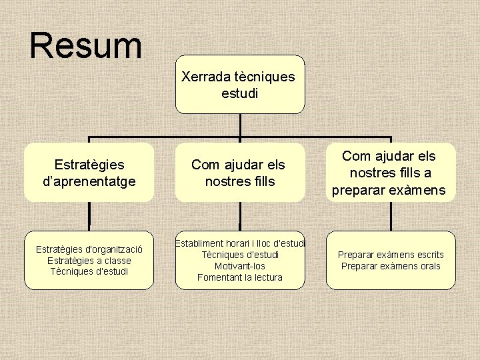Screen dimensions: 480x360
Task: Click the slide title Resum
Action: [86, 45]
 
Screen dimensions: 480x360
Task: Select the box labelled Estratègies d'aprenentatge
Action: [89, 172]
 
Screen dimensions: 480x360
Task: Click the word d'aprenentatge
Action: [89, 181]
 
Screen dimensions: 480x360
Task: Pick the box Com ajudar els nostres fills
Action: [239, 172]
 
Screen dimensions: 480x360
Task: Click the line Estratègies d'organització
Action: [89, 250]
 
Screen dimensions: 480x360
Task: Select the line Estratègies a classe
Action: [89, 261]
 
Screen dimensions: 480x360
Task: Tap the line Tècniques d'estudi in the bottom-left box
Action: [89, 271]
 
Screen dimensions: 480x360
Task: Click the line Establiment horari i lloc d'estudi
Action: [240, 244]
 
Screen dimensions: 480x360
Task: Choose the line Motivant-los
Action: [240, 266]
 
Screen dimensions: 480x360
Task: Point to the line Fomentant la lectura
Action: [240, 277]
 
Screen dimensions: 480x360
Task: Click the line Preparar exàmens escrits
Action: [391, 255]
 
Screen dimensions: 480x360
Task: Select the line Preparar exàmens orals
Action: [391, 266]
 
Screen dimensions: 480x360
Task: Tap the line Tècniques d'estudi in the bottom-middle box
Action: [240, 255]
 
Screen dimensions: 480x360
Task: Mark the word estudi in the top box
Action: [239, 93]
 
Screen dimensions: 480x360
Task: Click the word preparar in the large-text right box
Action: [359, 190]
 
